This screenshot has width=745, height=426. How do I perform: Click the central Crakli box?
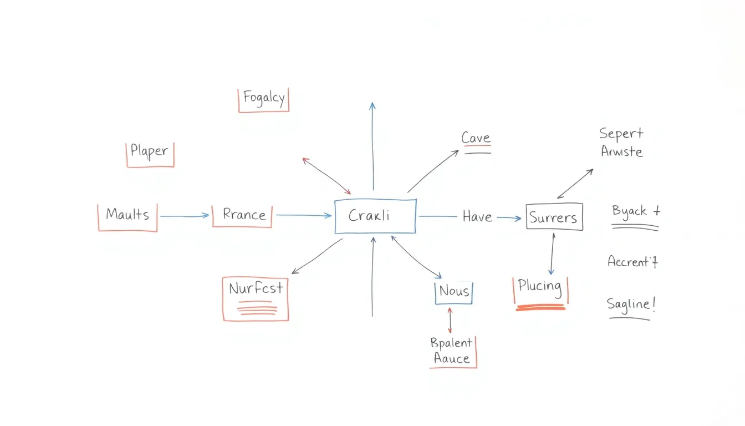pyautogui.click(x=375, y=216)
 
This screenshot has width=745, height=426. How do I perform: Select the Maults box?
pyautogui.click(x=127, y=216)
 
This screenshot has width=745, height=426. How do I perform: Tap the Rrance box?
pyautogui.click(x=242, y=215)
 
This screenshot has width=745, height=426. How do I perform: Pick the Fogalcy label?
pyautogui.click(x=264, y=100)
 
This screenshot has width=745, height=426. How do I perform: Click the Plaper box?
pyautogui.click(x=150, y=154)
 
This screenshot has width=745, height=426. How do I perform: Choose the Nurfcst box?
pyautogui.click(x=256, y=298)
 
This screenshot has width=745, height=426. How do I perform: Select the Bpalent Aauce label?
pyautogui.click(x=452, y=351)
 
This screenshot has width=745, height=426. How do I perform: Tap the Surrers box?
pyautogui.click(x=554, y=217)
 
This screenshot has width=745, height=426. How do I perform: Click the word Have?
pyautogui.click(x=477, y=217)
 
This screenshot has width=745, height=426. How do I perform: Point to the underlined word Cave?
pyautogui.click(x=476, y=139)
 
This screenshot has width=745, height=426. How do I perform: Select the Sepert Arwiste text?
pyautogui.click(x=621, y=143)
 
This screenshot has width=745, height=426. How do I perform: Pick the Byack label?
pyautogui.click(x=635, y=212)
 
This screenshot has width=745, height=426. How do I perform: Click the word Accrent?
pyautogui.click(x=632, y=261)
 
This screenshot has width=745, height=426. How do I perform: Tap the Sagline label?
pyautogui.click(x=631, y=305)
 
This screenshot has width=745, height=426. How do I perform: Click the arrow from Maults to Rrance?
pyautogui.click(x=185, y=216)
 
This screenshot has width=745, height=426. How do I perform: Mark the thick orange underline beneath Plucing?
pyautogui.click(x=540, y=307)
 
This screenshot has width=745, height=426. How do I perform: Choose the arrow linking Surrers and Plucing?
pyautogui.click(x=552, y=253)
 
